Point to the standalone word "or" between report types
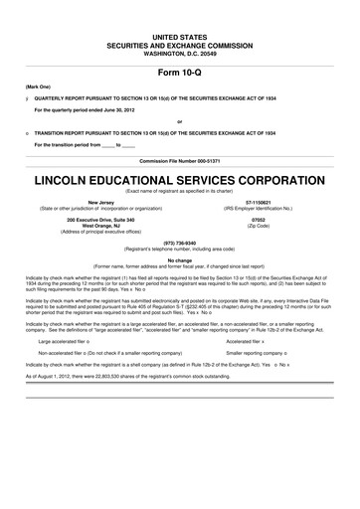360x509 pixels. (180, 122)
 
